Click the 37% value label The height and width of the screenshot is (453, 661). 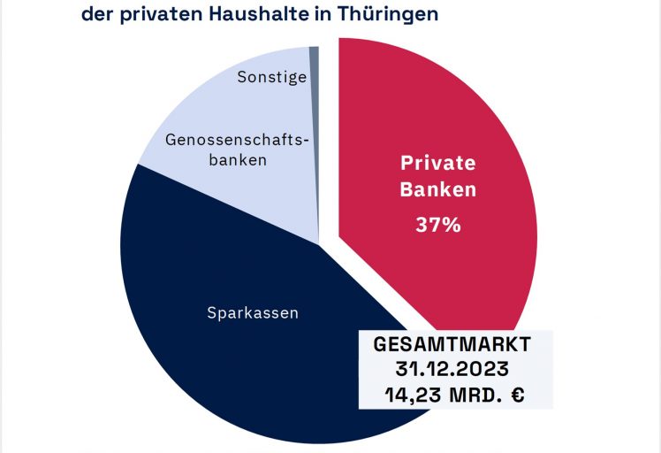438,225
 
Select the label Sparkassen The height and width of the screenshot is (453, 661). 253,312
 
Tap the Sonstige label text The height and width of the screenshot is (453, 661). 272,77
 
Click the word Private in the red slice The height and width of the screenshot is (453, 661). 438,163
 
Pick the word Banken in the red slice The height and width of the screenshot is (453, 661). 438,189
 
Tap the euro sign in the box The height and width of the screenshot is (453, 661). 517,395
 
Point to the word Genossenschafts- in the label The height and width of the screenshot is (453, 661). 240,139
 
